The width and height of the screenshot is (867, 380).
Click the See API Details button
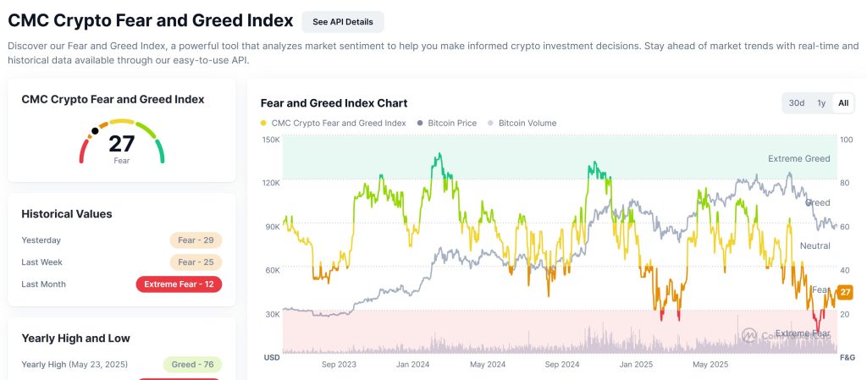pyautogui.click(x=342, y=21)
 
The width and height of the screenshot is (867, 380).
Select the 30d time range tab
pyautogui.click(x=797, y=103)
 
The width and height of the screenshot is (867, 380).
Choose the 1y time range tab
pyautogui.click(x=821, y=103)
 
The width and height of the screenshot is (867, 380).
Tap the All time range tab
pyautogui.click(x=843, y=103)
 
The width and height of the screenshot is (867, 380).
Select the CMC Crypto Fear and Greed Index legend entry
pyautogui.click(x=334, y=123)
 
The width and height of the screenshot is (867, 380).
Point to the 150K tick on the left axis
pyautogui.click(x=271, y=139)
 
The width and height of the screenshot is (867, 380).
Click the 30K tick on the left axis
pyautogui.click(x=271, y=314)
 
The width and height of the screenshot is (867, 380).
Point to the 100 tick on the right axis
pyautogui.click(x=846, y=139)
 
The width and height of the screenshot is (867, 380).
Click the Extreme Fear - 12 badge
pyautogui.click(x=179, y=284)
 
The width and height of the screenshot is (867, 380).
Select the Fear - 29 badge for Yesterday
pyautogui.click(x=195, y=240)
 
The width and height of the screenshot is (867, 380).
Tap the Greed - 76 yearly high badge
pyautogui.click(x=192, y=365)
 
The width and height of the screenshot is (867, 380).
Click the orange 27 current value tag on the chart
pyautogui.click(x=845, y=292)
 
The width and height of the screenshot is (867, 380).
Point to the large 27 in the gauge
pyautogui.click(x=122, y=143)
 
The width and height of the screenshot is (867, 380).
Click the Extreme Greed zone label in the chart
pyautogui.click(x=798, y=158)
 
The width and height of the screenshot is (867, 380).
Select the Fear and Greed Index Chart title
pyautogui.click(x=334, y=103)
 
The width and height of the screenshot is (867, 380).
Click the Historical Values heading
pyautogui.click(x=67, y=214)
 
